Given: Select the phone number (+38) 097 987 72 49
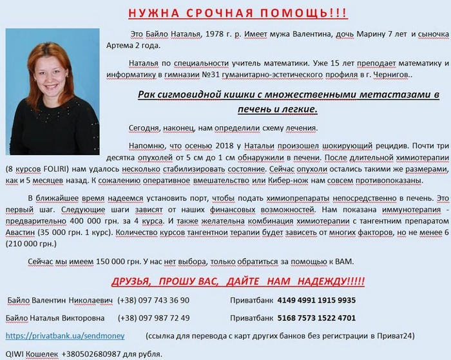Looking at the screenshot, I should pos(154,318).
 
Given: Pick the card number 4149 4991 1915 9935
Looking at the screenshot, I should pos(316,300).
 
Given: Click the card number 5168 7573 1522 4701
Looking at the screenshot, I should pos(316,318).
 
